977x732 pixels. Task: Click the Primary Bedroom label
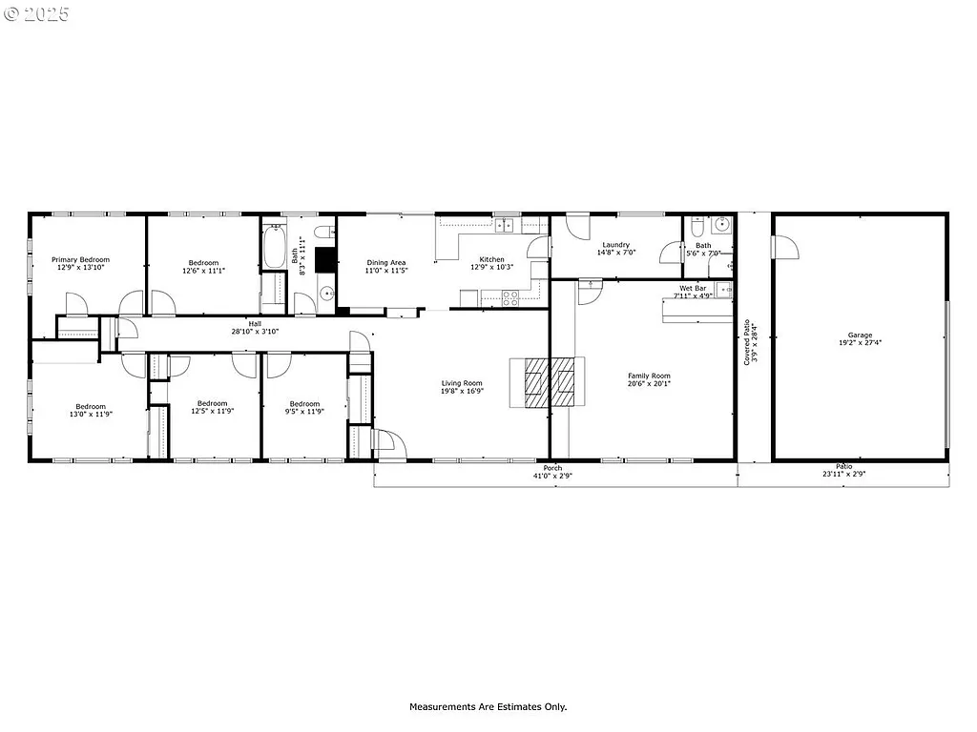80,259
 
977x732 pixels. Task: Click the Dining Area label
386,262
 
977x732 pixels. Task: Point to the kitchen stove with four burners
509,295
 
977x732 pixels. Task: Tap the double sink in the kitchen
505,226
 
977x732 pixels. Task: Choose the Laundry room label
615,245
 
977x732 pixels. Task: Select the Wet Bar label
693,288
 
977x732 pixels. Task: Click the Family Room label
649,376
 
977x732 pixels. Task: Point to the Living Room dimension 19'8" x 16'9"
462,391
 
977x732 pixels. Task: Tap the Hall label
255,324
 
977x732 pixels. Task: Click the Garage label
861,335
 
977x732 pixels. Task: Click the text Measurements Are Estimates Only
488,707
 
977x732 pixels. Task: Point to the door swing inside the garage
786,247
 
